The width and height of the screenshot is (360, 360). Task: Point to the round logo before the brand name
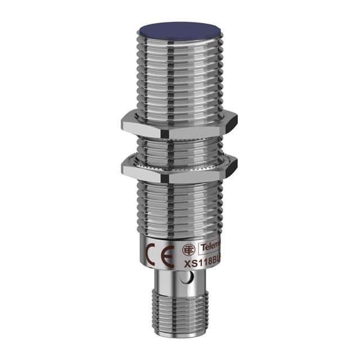click(x=188, y=250)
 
